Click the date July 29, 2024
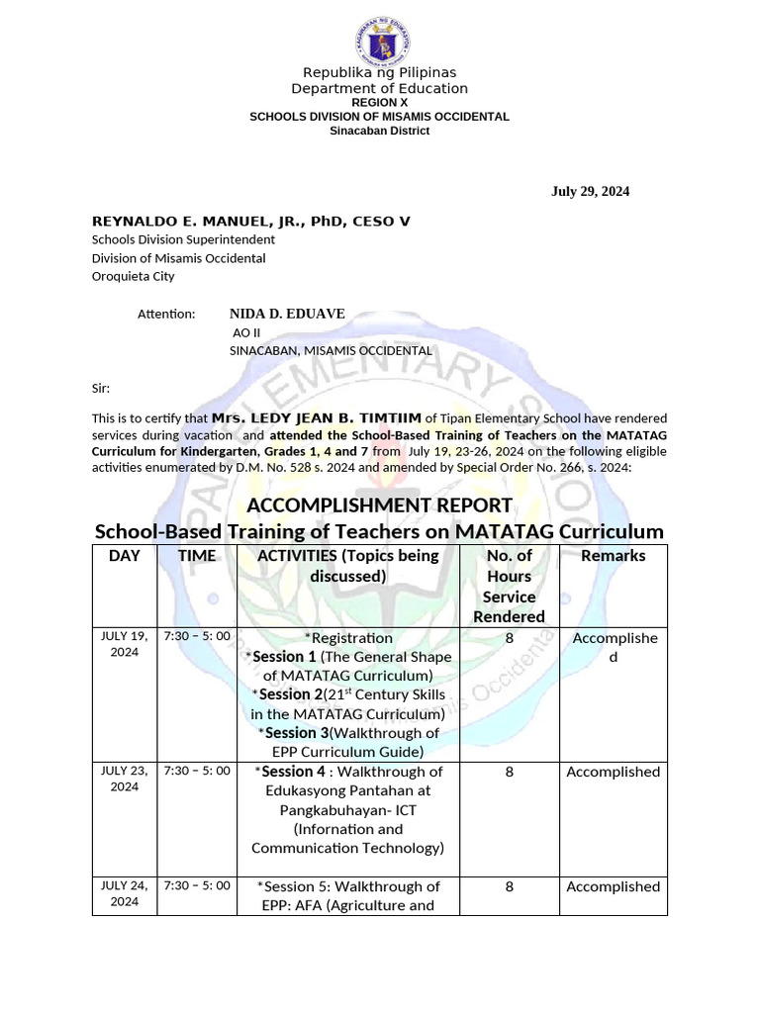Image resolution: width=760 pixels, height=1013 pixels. tap(590, 192)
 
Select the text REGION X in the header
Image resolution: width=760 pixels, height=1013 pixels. tap(379, 103)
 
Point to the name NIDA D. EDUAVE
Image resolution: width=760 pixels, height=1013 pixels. tap(287, 314)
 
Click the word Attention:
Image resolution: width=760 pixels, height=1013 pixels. tap(167, 315)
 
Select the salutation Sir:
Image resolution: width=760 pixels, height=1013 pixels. tap(101, 389)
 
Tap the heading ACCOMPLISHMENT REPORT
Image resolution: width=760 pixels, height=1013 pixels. tap(379, 506)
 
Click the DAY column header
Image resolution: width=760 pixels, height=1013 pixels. tap(125, 556)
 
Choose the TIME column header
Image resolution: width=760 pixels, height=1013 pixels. tap(197, 556)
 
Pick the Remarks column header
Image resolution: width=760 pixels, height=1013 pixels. tap(613, 556)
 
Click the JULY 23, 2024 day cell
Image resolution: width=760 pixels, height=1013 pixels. tap(125, 779)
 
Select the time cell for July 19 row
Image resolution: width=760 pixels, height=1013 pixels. tap(197, 635)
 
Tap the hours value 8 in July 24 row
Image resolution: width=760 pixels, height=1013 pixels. tap(510, 886)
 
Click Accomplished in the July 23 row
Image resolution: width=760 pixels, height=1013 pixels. tap(613, 772)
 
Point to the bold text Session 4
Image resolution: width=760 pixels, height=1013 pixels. tap(293, 772)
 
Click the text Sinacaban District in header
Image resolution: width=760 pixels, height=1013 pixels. tap(379, 131)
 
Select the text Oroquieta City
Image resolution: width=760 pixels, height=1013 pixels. tap(133, 277)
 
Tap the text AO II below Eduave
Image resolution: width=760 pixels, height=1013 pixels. tap(245, 332)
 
